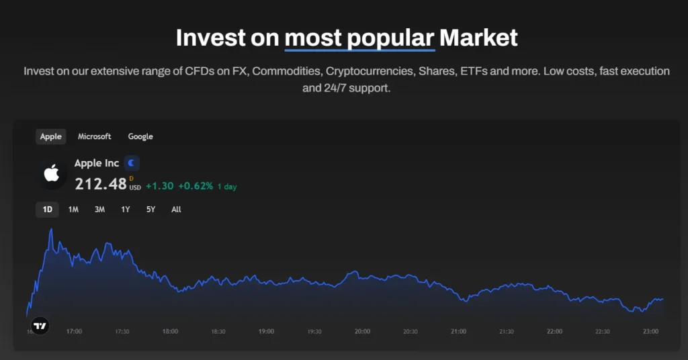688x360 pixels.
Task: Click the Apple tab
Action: click(50, 136)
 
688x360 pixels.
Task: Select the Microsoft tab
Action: click(94, 136)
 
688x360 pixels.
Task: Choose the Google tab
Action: click(140, 136)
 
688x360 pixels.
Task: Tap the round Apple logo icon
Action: click(51, 174)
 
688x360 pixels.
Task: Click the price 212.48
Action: click(100, 183)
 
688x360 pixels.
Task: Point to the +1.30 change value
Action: click(159, 186)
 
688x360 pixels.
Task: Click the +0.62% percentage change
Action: click(196, 186)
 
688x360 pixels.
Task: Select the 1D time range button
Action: click(47, 210)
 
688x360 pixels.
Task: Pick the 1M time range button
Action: click(73, 210)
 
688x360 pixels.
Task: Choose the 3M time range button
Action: click(99, 210)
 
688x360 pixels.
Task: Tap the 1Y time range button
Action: click(126, 210)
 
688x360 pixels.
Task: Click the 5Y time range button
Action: click(150, 210)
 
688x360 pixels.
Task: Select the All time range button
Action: click(176, 210)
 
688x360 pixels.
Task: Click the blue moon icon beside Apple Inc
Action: click(132, 163)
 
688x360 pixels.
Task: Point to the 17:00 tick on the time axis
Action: click(74, 331)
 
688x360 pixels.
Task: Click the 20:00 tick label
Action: click(362, 331)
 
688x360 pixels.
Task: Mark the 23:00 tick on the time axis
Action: click(650, 331)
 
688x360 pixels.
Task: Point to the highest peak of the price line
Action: click(51, 229)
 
